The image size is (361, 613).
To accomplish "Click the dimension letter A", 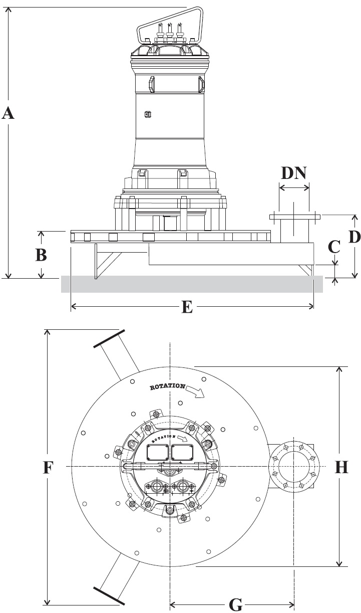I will [8, 113].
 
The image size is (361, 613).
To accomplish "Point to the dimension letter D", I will [354, 237].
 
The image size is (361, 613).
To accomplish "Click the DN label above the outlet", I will [293, 173].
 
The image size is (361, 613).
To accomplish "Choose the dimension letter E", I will [186, 307].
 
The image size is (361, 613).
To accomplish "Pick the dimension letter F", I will [48, 467].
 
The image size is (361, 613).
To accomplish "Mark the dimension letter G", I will [235, 605].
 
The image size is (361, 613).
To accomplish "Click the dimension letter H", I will [341, 467].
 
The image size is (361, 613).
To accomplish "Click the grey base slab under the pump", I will [191, 284].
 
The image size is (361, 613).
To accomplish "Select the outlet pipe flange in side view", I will [294, 217].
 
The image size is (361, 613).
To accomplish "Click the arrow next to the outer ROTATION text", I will [197, 391].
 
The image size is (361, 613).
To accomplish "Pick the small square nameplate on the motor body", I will [148, 114].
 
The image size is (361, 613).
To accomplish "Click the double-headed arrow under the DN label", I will [294, 188].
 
